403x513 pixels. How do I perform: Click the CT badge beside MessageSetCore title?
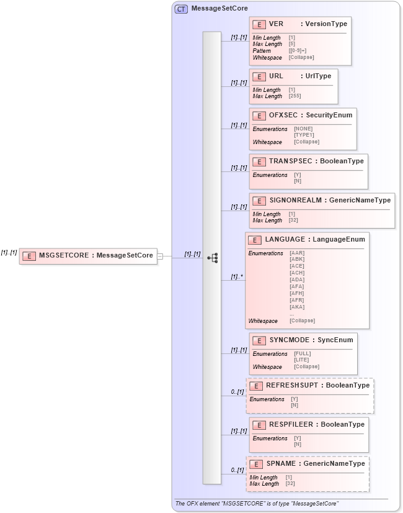pyautogui.click(x=181, y=9)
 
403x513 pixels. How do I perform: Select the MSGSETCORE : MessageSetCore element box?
pyautogui.click(x=87, y=255)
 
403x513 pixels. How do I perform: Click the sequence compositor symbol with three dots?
pyautogui.click(x=212, y=258)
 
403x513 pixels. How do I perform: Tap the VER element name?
pyautogui.click(x=276, y=24)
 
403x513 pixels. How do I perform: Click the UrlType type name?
pyautogui.click(x=319, y=76)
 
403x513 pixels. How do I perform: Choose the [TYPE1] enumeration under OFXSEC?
pyautogui.click(x=304, y=134)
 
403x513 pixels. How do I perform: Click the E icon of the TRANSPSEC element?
pyautogui.click(x=259, y=161)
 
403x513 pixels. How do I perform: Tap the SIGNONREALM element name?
pyautogui.click(x=295, y=200)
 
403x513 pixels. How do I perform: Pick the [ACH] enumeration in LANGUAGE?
pyautogui.click(x=297, y=273)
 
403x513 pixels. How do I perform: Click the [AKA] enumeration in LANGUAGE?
pyautogui.click(x=297, y=307)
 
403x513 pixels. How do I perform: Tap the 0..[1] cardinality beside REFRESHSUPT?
pyautogui.click(x=237, y=392)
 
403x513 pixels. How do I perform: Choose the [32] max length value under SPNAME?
pyautogui.click(x=291, y=484)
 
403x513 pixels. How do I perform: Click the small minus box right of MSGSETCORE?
pyautogui.click(x=160, y=255)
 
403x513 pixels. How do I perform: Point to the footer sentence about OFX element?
pyautogui.click(x=257, y=504)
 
